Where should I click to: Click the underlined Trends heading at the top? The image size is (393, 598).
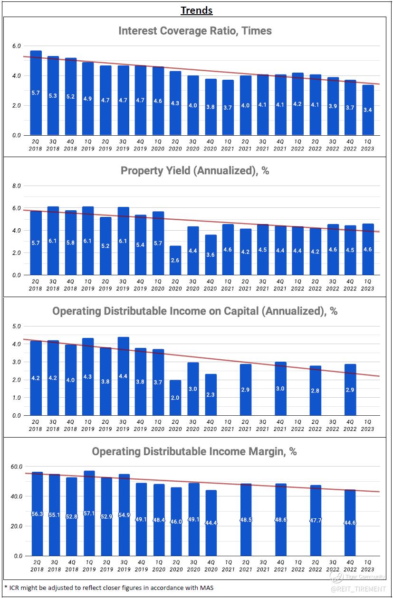[196, 10]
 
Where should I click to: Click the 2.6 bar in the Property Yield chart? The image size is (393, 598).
[175, 261]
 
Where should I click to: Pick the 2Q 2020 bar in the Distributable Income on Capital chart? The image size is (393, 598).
[175, 398]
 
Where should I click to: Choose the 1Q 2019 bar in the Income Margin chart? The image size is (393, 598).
[89, 513]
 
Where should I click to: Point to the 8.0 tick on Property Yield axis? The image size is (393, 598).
[16, 186]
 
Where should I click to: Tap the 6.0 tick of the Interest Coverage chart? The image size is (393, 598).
[16, 46]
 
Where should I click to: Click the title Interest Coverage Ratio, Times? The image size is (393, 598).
[195, 31]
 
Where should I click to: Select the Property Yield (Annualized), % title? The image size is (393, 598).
[195, 171]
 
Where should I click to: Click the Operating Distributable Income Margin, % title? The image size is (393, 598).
[194, 451]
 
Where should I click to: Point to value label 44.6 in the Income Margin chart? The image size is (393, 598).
[350, 523]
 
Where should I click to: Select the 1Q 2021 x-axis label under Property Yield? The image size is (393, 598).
[228, 285]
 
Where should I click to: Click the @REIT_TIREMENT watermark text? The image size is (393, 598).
[358, 589]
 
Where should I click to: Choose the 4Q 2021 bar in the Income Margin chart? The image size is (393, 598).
[280, 519]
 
